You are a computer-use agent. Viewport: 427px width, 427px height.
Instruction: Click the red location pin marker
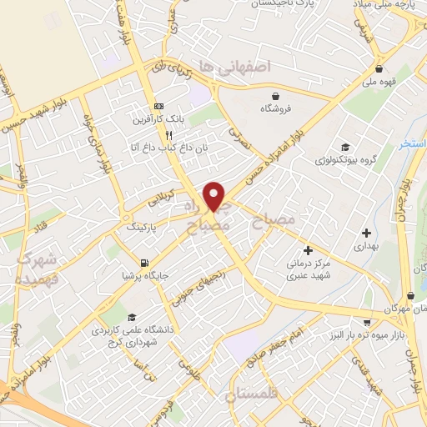(215, 195)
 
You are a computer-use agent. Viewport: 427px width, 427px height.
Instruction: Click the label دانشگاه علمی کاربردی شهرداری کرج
(133, 335)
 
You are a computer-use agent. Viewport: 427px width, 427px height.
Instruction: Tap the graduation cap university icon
(132, 317)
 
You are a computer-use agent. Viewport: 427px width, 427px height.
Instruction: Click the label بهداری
(366, 246)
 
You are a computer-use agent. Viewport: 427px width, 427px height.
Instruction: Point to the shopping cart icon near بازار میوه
(366, 321)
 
